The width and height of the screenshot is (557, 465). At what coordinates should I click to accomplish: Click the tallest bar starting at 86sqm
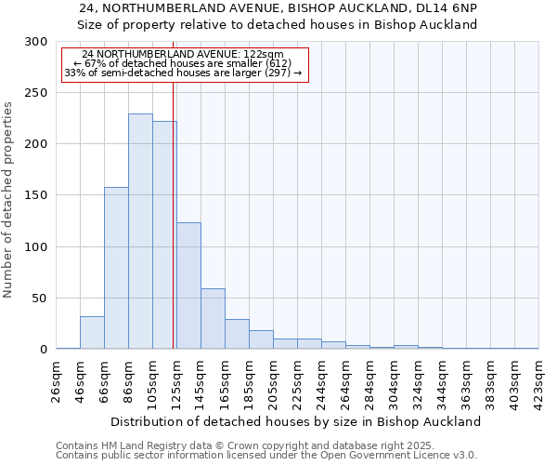(x=140, y=232)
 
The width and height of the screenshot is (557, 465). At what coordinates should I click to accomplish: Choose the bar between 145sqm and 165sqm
(x=213, y=319)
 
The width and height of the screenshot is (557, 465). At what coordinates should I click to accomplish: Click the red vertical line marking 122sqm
(x=174, y=214)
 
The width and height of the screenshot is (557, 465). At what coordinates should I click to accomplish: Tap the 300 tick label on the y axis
(x=35, y=42)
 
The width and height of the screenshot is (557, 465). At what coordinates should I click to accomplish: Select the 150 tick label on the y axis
(x=35, y=196)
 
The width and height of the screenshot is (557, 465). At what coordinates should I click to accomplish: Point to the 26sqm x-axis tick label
(x=57, y=380)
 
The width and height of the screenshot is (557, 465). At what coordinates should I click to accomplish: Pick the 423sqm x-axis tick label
(x=539, y=380)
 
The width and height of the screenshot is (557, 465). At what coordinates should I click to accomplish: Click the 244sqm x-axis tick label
(x=322, y=380)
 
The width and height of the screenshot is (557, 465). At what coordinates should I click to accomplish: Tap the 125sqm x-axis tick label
(x=177, y=380)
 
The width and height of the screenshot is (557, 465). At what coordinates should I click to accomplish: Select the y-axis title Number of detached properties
(x=9, y=200)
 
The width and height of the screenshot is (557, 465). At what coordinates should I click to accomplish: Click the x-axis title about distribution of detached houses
(x=296, y=421)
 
